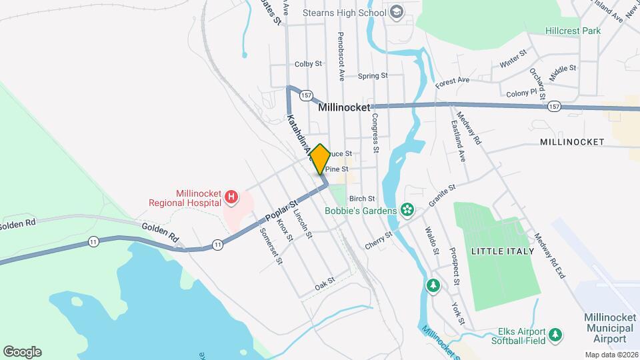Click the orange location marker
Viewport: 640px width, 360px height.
pos(319,159)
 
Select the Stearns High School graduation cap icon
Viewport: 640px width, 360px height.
pos(397,13)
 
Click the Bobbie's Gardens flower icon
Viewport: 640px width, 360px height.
pos(408,211)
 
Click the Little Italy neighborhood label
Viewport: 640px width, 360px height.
pos(503,251)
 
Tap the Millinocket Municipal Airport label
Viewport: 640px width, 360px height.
pos(608,328)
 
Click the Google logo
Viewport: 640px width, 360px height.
pos(22,352)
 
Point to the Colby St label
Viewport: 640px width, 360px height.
pos(309,65)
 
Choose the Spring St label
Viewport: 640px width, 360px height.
pos(373,76)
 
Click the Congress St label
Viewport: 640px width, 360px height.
pos(375,133)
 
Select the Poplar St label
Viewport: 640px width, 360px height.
pos(280,209)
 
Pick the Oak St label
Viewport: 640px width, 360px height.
pos(324,285)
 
